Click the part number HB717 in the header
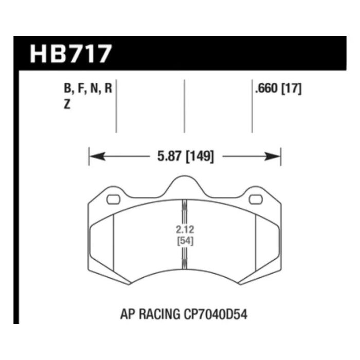coord(70,53)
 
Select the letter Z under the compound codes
coord(67,103)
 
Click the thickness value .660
coord(265,88)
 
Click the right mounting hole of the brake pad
coord(255,200)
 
